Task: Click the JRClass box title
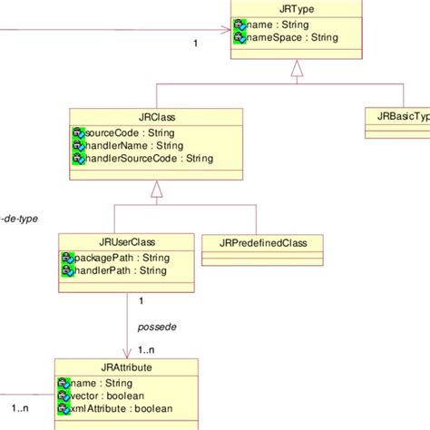pos(155,117)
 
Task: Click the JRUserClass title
pos(126,241)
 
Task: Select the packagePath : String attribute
pos(122,257)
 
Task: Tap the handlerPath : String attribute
pos(119,270)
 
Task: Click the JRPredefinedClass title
pos(264,242)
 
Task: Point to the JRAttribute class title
pos(126,367)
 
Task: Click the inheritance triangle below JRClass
pos(156,188)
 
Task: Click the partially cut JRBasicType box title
pos(399,116)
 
